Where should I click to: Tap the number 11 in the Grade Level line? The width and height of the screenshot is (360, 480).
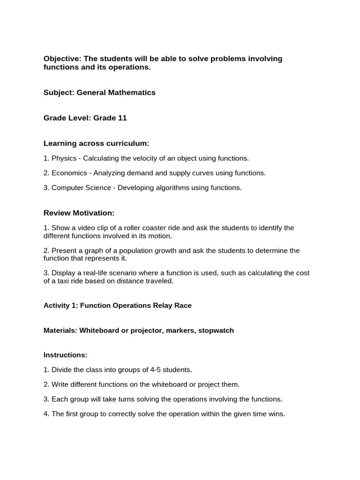pos(122,118)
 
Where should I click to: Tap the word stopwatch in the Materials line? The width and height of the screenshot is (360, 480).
pos(216,330)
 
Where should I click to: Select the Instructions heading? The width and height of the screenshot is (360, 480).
pos(65,355)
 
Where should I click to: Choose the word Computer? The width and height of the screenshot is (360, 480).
pos(66,187)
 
